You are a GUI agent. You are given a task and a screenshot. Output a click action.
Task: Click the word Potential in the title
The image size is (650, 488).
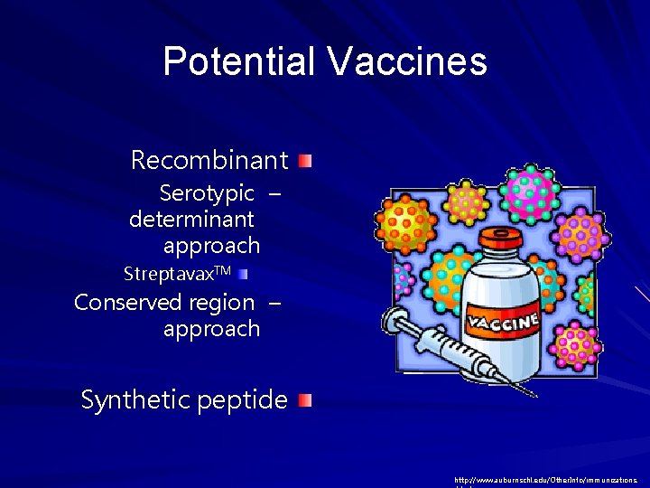click(x=239, y=61)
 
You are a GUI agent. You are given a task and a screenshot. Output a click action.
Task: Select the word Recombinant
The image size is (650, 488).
click(x=209, y=161)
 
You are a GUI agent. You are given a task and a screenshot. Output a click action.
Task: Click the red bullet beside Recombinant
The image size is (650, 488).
click(x=307, y=162)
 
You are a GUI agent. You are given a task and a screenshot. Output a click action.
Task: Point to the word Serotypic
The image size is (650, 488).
click(x=207, y=193)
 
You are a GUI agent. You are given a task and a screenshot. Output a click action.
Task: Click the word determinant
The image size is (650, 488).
click(x=191, y=220)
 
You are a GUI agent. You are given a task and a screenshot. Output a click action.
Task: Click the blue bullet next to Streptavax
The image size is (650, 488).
click(x=244, y=272)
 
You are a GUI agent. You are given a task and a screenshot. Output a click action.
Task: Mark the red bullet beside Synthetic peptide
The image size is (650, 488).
click(x=307, y=400)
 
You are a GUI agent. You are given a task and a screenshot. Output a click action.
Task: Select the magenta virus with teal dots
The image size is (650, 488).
click(x=530, y=190)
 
